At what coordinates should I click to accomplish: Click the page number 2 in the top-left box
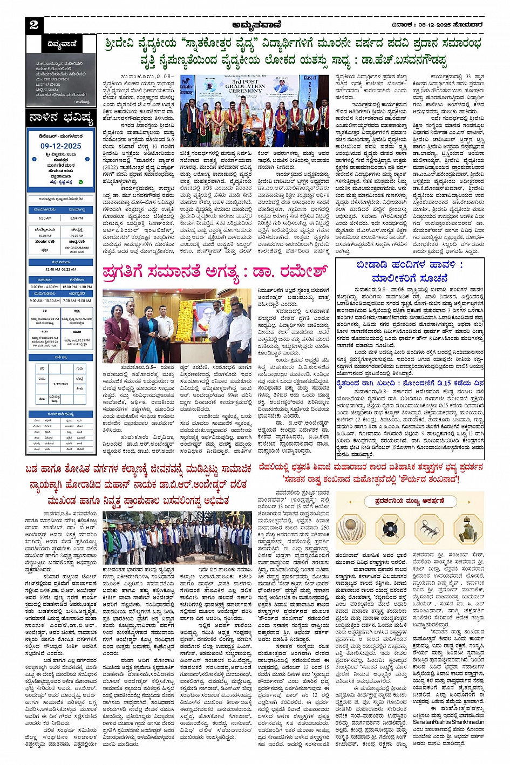34,25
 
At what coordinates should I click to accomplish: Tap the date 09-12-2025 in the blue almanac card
60,146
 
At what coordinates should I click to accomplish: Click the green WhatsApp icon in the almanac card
81,182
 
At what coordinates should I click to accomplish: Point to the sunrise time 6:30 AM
45,218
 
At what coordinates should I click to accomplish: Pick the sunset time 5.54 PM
77,218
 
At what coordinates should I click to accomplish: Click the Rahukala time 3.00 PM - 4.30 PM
45,287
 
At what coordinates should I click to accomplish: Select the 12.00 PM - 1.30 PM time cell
77,287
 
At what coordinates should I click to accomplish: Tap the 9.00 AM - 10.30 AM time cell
45,300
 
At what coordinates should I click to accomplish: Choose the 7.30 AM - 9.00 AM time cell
77,300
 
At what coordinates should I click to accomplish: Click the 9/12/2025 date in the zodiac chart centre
61,384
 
